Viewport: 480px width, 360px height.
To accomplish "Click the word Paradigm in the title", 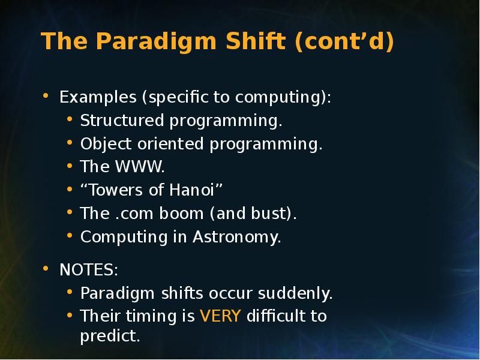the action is [x=157, y=41].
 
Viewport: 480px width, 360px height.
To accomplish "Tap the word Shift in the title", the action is [x=256, y=40].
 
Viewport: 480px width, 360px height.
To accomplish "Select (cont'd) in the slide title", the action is [x=344, y=41].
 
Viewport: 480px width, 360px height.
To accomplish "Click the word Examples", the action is [x=98, y=97].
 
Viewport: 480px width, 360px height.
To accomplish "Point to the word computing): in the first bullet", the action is [x=283, y=97].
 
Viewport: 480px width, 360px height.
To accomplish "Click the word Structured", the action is [x=122, y=120].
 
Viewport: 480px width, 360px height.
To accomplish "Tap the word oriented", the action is [x=170, y=143].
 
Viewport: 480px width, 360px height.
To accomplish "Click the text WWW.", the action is [x=140, y=167].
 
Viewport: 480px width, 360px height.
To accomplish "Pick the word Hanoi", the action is [x=191, y=190].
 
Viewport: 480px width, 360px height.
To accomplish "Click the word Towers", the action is [x=115, y=190].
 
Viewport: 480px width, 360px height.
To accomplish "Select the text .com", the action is [x=134, y=214].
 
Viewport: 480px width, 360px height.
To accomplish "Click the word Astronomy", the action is [x=236, y=237].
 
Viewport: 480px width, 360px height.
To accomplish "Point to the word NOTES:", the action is [x=89, y=269].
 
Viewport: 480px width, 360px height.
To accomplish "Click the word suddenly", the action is [x=295, y=293].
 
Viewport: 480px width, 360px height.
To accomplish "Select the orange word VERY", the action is [x=220, y=316].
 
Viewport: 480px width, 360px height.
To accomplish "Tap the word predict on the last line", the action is [x=110, y=336].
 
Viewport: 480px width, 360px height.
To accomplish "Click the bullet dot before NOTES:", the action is [x=46, y=268].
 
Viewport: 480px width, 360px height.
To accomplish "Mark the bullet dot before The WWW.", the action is [x=70, y=166].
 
